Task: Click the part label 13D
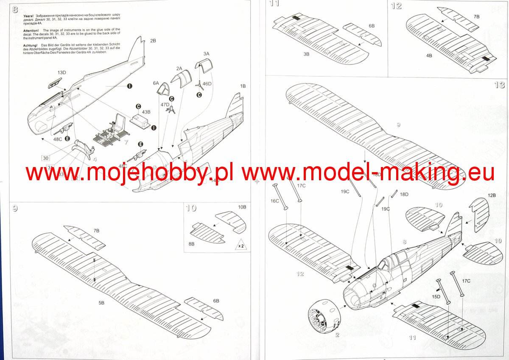click(62, 73)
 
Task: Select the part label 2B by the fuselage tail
click(153, 41)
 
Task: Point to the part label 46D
click(207, 84)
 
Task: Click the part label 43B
click(146, 112)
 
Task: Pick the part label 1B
click(243, 86)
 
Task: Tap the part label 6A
click(156, 83)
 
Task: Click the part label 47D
click(165, 104)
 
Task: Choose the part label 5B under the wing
click(101, 303)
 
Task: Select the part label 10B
click(242, 207)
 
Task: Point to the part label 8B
click(191, 244)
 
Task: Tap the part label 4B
click(429, 56)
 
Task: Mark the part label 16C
click(275, 201)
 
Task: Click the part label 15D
click(435, 296)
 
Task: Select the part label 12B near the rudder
click(492, 195)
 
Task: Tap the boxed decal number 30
click(45, 158)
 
